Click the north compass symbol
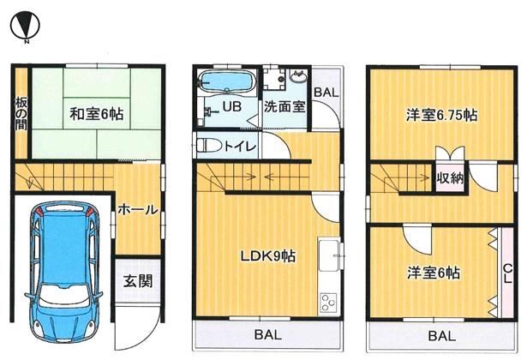[25, 26]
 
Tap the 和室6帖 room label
[97, 114]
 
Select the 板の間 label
[21, 114]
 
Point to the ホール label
[138, 210]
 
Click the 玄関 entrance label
[138, 281]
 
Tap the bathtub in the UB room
[226, 81]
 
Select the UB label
[232, 106]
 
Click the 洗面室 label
[284, 107]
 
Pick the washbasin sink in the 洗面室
[298, 77]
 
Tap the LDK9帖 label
[268, 256]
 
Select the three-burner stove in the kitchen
[328, 303]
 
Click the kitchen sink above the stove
[329, 255]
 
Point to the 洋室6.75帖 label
[441, 116]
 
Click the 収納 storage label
[451, 178]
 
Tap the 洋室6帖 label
[434, 273]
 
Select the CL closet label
[507, 273]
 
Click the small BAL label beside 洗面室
[326, 93]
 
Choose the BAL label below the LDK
[268, 335]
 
